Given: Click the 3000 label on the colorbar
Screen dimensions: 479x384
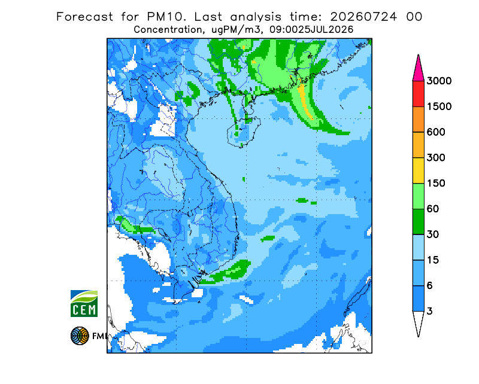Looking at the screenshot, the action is click(x=439, y=81).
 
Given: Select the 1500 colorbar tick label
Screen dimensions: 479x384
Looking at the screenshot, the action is click(x=439, y=106).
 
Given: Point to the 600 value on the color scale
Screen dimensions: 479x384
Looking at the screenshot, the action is click(x=436, y=132).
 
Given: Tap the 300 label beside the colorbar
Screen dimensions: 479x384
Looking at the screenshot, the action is click(x=436, y=158).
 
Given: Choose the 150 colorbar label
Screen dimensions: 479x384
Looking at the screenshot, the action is click(x=436, y=184).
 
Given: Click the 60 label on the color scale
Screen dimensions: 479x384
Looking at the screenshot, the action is click(x=433, y=209).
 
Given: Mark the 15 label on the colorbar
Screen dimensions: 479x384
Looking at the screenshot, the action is click(x=433, y=260).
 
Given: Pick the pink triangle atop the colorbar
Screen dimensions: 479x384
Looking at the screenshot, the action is click(x=418, y=69).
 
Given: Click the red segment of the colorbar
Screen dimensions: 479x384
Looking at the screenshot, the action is click(x=418, y=94).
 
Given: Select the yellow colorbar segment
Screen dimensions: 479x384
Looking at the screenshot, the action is click(x=418, y=170).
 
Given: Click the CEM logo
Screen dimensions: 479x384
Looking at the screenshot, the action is click(x=84, y=303).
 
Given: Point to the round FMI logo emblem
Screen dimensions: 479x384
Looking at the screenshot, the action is click(x=80, y=336).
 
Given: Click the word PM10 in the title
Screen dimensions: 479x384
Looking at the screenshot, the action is click(x=166, y=17).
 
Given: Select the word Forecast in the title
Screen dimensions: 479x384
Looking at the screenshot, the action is click(x=84, y=17).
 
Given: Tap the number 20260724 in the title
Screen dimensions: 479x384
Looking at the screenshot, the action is click(x=364, y=17).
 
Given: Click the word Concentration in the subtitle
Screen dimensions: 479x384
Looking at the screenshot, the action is click(x=168, y=30).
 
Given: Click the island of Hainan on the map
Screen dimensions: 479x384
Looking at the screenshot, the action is click(x=244, y=132).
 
